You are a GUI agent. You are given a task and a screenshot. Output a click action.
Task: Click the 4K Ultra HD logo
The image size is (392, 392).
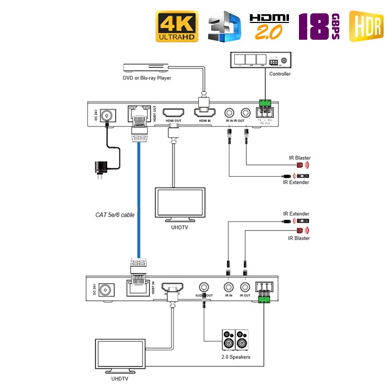click(x=177, y=26)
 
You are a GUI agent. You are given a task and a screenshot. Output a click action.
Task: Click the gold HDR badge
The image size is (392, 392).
click(x=366, y=26)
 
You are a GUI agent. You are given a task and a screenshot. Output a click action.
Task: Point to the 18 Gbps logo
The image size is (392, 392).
click(x=318, y=27)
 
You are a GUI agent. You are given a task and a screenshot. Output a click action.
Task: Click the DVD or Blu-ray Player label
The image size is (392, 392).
click(x=147, y=78)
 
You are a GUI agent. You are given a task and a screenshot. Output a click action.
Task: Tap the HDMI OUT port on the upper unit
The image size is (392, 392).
click(x=172, y=113)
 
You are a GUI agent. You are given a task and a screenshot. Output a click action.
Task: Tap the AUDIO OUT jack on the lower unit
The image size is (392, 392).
click(x=203, y=287)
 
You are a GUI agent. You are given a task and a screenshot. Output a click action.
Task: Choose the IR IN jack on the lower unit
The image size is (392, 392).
click(x=228, y=287)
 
